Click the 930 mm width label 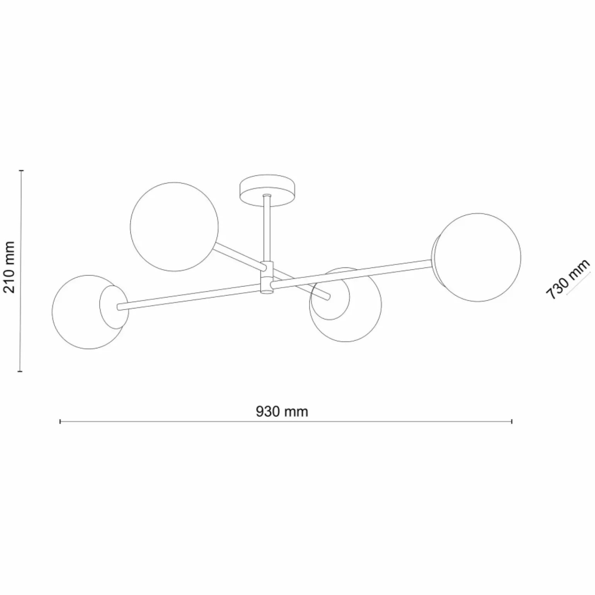coord(282,411)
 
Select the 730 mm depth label coord(568,280)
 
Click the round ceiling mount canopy coord(267,189)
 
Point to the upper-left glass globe coord(174,227)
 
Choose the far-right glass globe coord(478,257)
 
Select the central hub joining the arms coord(267,277)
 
